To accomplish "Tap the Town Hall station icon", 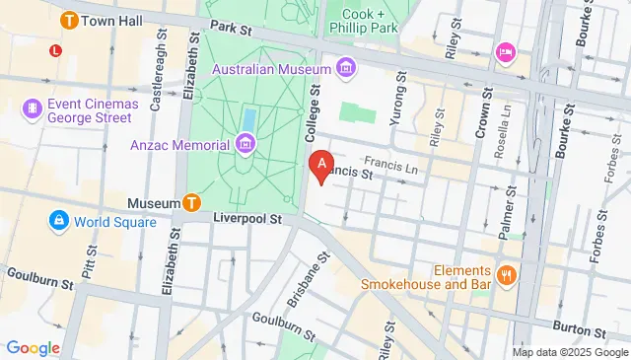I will click(70, 19).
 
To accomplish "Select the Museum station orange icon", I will click(192, 202).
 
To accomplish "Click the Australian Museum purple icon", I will click(345, 67).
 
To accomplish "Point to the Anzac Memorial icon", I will click(245, 145).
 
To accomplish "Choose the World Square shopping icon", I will click(58, 221).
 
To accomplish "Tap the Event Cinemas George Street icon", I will click(33, 108).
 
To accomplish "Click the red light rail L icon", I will click(55, 48).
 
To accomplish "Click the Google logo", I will click(33, 347).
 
